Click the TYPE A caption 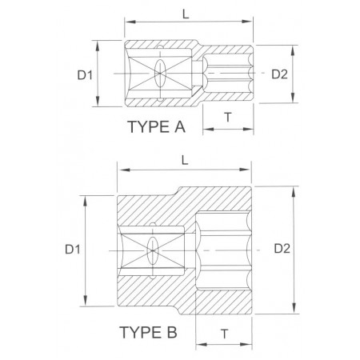click(x=156, y=126)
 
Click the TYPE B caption click(x=148, y=332)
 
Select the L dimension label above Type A click(x=186, y=14)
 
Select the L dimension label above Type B click(x=185, y=160)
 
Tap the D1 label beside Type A click(x=85, y=75)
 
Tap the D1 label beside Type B click(x=73, y=250)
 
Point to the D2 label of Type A click(x=279, y=74)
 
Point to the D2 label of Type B click(x=282, y=249)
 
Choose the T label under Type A click(x=228, y=117)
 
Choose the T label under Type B click(x=225, y=334)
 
